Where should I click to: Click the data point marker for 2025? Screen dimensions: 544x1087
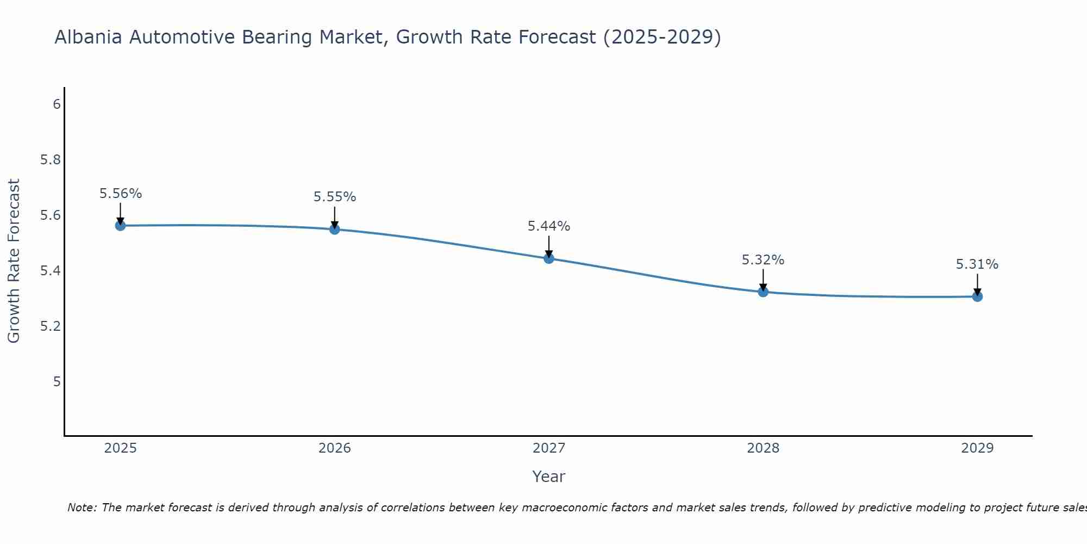(x=120, y=225)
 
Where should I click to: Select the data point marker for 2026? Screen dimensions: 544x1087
(x=334, y=229)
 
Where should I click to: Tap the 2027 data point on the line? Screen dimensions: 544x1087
(x=548, y=258)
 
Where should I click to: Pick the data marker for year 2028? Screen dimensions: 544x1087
(x=763, y=292)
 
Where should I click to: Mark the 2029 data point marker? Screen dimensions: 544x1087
(x=977, y=296)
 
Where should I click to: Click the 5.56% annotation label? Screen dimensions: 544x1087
(x=120, y=194)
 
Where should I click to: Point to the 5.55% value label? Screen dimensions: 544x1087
(x=334, y=197)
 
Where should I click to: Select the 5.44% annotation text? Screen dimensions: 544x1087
(x=548, y=226)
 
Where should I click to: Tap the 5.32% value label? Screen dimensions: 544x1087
(x=763, y=260)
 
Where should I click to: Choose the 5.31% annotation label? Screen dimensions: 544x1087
(x=977, y=264)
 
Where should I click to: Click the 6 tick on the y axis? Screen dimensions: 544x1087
(x=57, y=104)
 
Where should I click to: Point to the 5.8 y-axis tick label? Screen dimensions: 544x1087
(x=51, y=160)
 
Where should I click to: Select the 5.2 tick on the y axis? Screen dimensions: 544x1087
(x=51, y=326)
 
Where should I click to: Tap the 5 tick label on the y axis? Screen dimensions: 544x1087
(x=57, y=381)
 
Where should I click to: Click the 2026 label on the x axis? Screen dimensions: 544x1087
(x=334, y=448)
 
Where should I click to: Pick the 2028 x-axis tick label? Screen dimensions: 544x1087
(x=763, y=448)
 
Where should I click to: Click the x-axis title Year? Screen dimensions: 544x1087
(x=548, y=477)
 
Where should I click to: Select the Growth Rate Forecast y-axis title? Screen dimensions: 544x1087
(x=14, y=261)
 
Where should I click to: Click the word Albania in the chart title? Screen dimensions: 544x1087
(x=88, y=38)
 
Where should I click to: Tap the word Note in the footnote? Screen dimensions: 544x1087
(x=81, y=508)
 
